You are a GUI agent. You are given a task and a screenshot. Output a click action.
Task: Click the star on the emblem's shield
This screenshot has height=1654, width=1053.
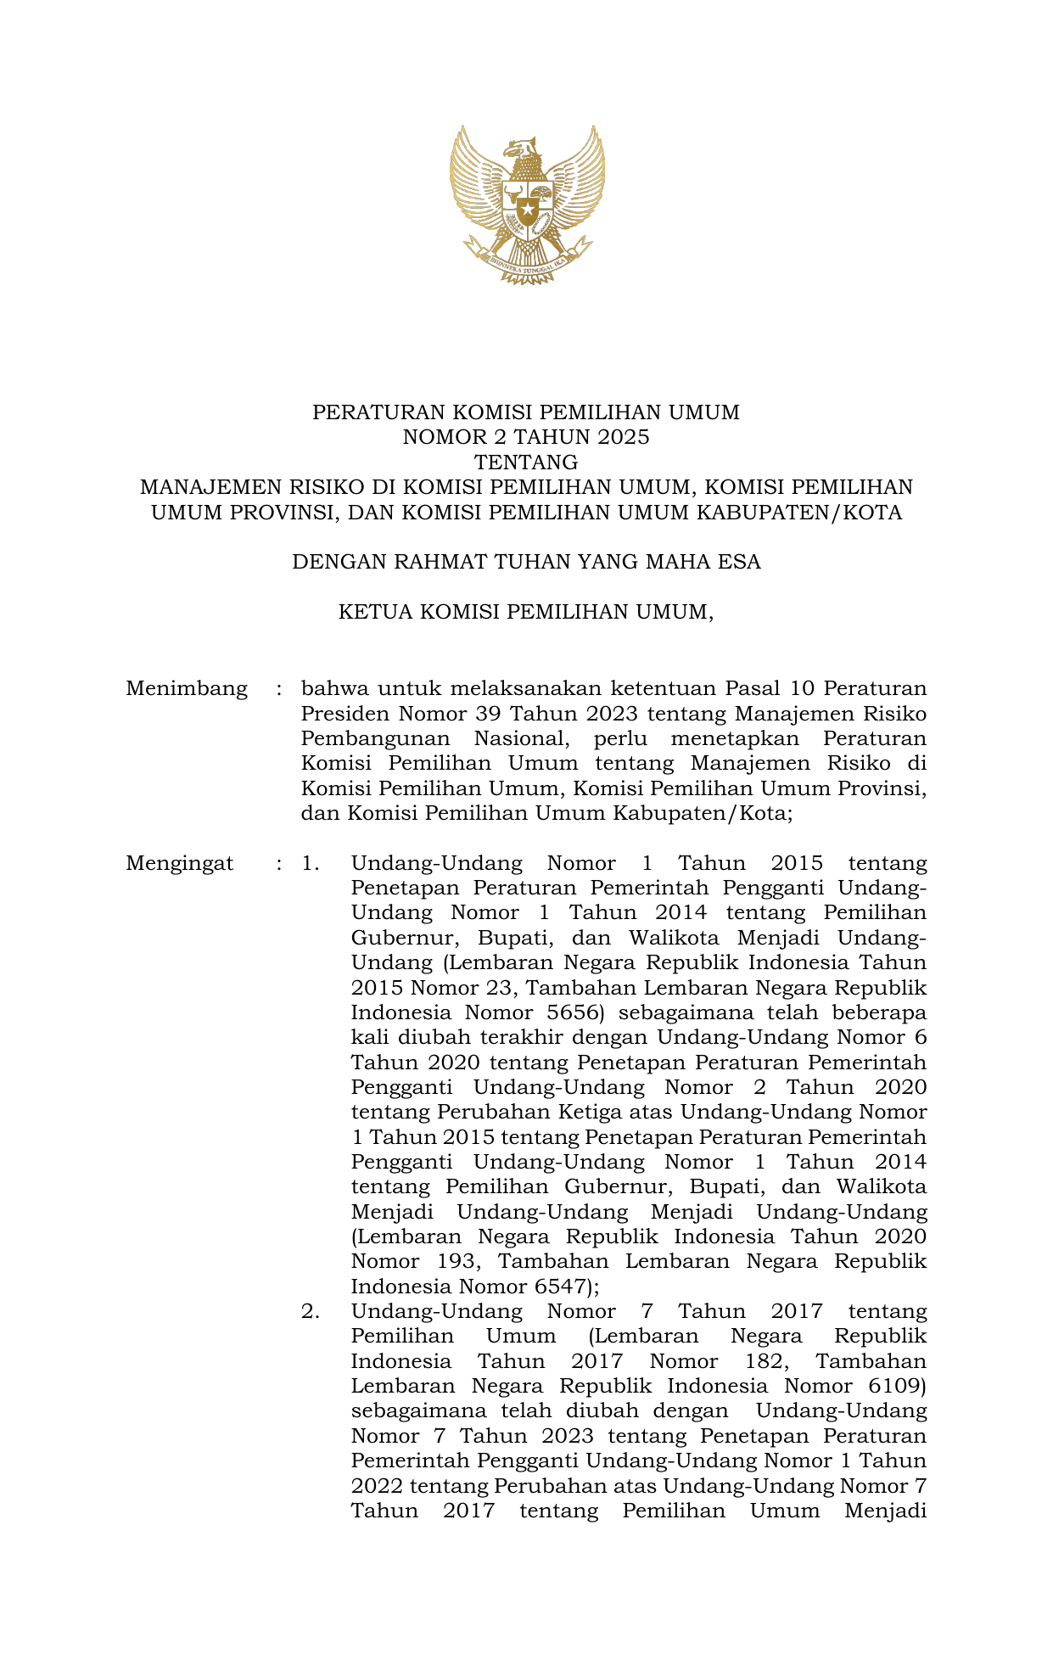(528, 209)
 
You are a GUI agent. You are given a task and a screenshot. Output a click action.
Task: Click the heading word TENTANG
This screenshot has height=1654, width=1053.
(526, 463)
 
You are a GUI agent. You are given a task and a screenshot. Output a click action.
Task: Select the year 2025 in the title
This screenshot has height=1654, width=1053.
(621, 437)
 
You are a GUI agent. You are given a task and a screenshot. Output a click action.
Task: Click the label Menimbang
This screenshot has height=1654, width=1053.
(187, 688)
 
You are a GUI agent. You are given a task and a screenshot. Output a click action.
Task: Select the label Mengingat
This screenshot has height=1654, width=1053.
(180, 864)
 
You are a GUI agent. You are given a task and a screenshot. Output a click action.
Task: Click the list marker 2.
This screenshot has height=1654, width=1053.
(311, 1312)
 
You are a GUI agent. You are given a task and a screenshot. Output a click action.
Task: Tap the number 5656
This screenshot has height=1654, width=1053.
(568, 1012)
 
